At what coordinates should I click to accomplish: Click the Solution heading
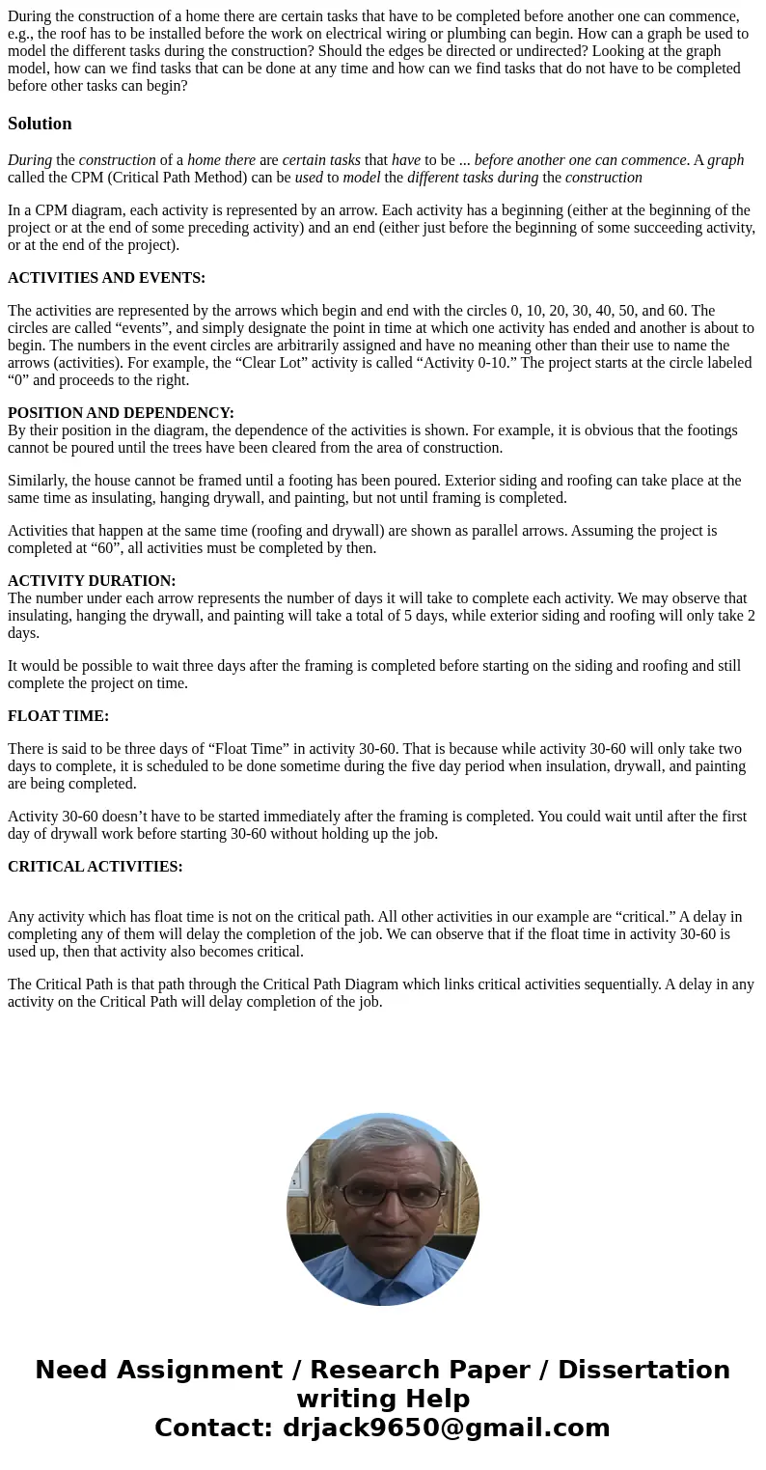coord(40,124)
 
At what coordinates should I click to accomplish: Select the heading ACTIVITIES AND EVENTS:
coord(106,278)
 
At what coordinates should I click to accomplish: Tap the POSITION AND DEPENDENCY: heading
coord(121,413)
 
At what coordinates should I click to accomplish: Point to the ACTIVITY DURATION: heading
coord(92,581)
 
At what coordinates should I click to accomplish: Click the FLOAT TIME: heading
coord(58,716)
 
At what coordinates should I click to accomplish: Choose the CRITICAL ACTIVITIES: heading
coord(95,867)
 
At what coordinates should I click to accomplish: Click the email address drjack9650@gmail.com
coord(446,1428)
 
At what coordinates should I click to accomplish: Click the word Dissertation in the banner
coord(643,1370)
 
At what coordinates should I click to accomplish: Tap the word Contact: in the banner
coord(213,1428)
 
